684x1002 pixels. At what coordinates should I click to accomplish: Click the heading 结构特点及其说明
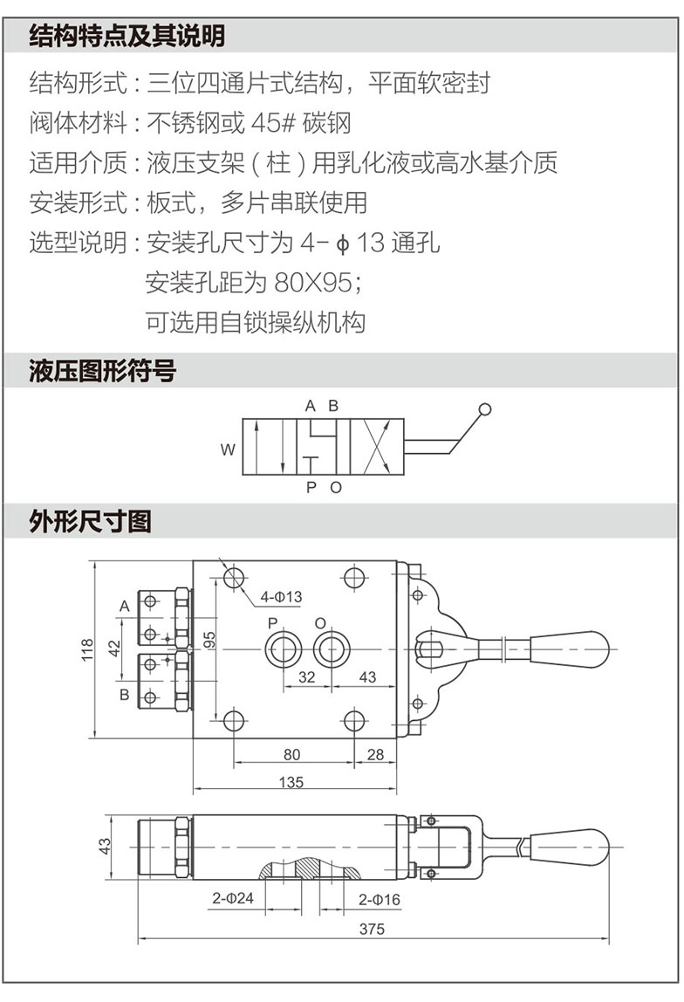coord(127,36)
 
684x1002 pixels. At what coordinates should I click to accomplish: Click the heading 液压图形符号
coord(103,372)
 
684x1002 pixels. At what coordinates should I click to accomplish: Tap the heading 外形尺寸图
coord(91,522)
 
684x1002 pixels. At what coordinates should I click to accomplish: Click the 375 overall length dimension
coord(372,929)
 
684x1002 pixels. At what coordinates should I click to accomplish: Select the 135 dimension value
coord(292,782)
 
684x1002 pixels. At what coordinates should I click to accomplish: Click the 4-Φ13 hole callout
coord(280,597)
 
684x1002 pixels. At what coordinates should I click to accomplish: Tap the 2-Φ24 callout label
coord(233,898)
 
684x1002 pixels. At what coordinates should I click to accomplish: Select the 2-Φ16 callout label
coord(380,898)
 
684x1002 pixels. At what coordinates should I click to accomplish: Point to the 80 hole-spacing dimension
coord(292,755)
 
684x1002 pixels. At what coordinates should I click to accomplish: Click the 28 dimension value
coord(375,755)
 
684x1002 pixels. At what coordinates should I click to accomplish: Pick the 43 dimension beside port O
coord(367,676)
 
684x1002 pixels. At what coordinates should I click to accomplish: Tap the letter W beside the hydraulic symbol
coord(228,450)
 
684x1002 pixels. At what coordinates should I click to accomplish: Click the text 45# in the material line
coord(275,122)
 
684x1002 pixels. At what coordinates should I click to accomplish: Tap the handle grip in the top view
coord(566,649)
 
